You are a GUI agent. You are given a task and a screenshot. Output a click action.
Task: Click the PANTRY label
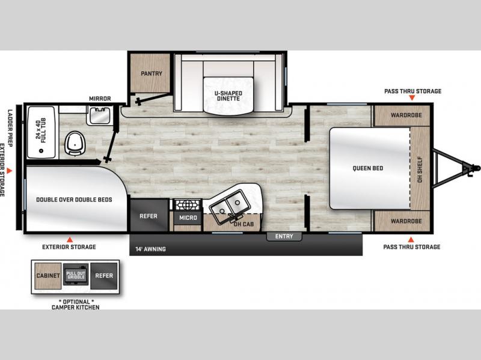[x=152, y=73]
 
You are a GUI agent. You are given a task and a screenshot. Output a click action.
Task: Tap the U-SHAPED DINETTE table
[x=228, y=95]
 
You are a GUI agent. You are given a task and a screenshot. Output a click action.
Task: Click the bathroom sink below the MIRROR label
[x=99, y=115]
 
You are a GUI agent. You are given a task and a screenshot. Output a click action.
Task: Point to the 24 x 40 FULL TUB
[x=41, y=132]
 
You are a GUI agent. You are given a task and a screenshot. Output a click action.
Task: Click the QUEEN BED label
[x=368, y=168]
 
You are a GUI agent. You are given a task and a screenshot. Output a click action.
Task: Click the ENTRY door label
[x=284, y=236]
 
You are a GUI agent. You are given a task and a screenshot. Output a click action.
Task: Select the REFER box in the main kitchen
[x=149, y=216]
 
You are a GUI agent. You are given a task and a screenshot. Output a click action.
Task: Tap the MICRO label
[x=188, y=218]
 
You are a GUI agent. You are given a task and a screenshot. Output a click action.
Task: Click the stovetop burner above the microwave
[x=188, y=204]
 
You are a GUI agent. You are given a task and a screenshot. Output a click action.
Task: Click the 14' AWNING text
[x=151, y=249]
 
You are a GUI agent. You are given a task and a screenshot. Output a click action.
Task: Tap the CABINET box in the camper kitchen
[x=48, y=276]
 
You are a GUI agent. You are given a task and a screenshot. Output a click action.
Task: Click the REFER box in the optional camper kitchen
[x=104, y=276]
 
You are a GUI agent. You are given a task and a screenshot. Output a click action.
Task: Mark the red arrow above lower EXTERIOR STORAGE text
[x=70, y=239]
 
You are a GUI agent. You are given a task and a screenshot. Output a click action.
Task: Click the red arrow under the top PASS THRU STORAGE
[x=412, y=97]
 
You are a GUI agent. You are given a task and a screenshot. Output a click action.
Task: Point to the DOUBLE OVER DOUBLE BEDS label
[x=74, y=200]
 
